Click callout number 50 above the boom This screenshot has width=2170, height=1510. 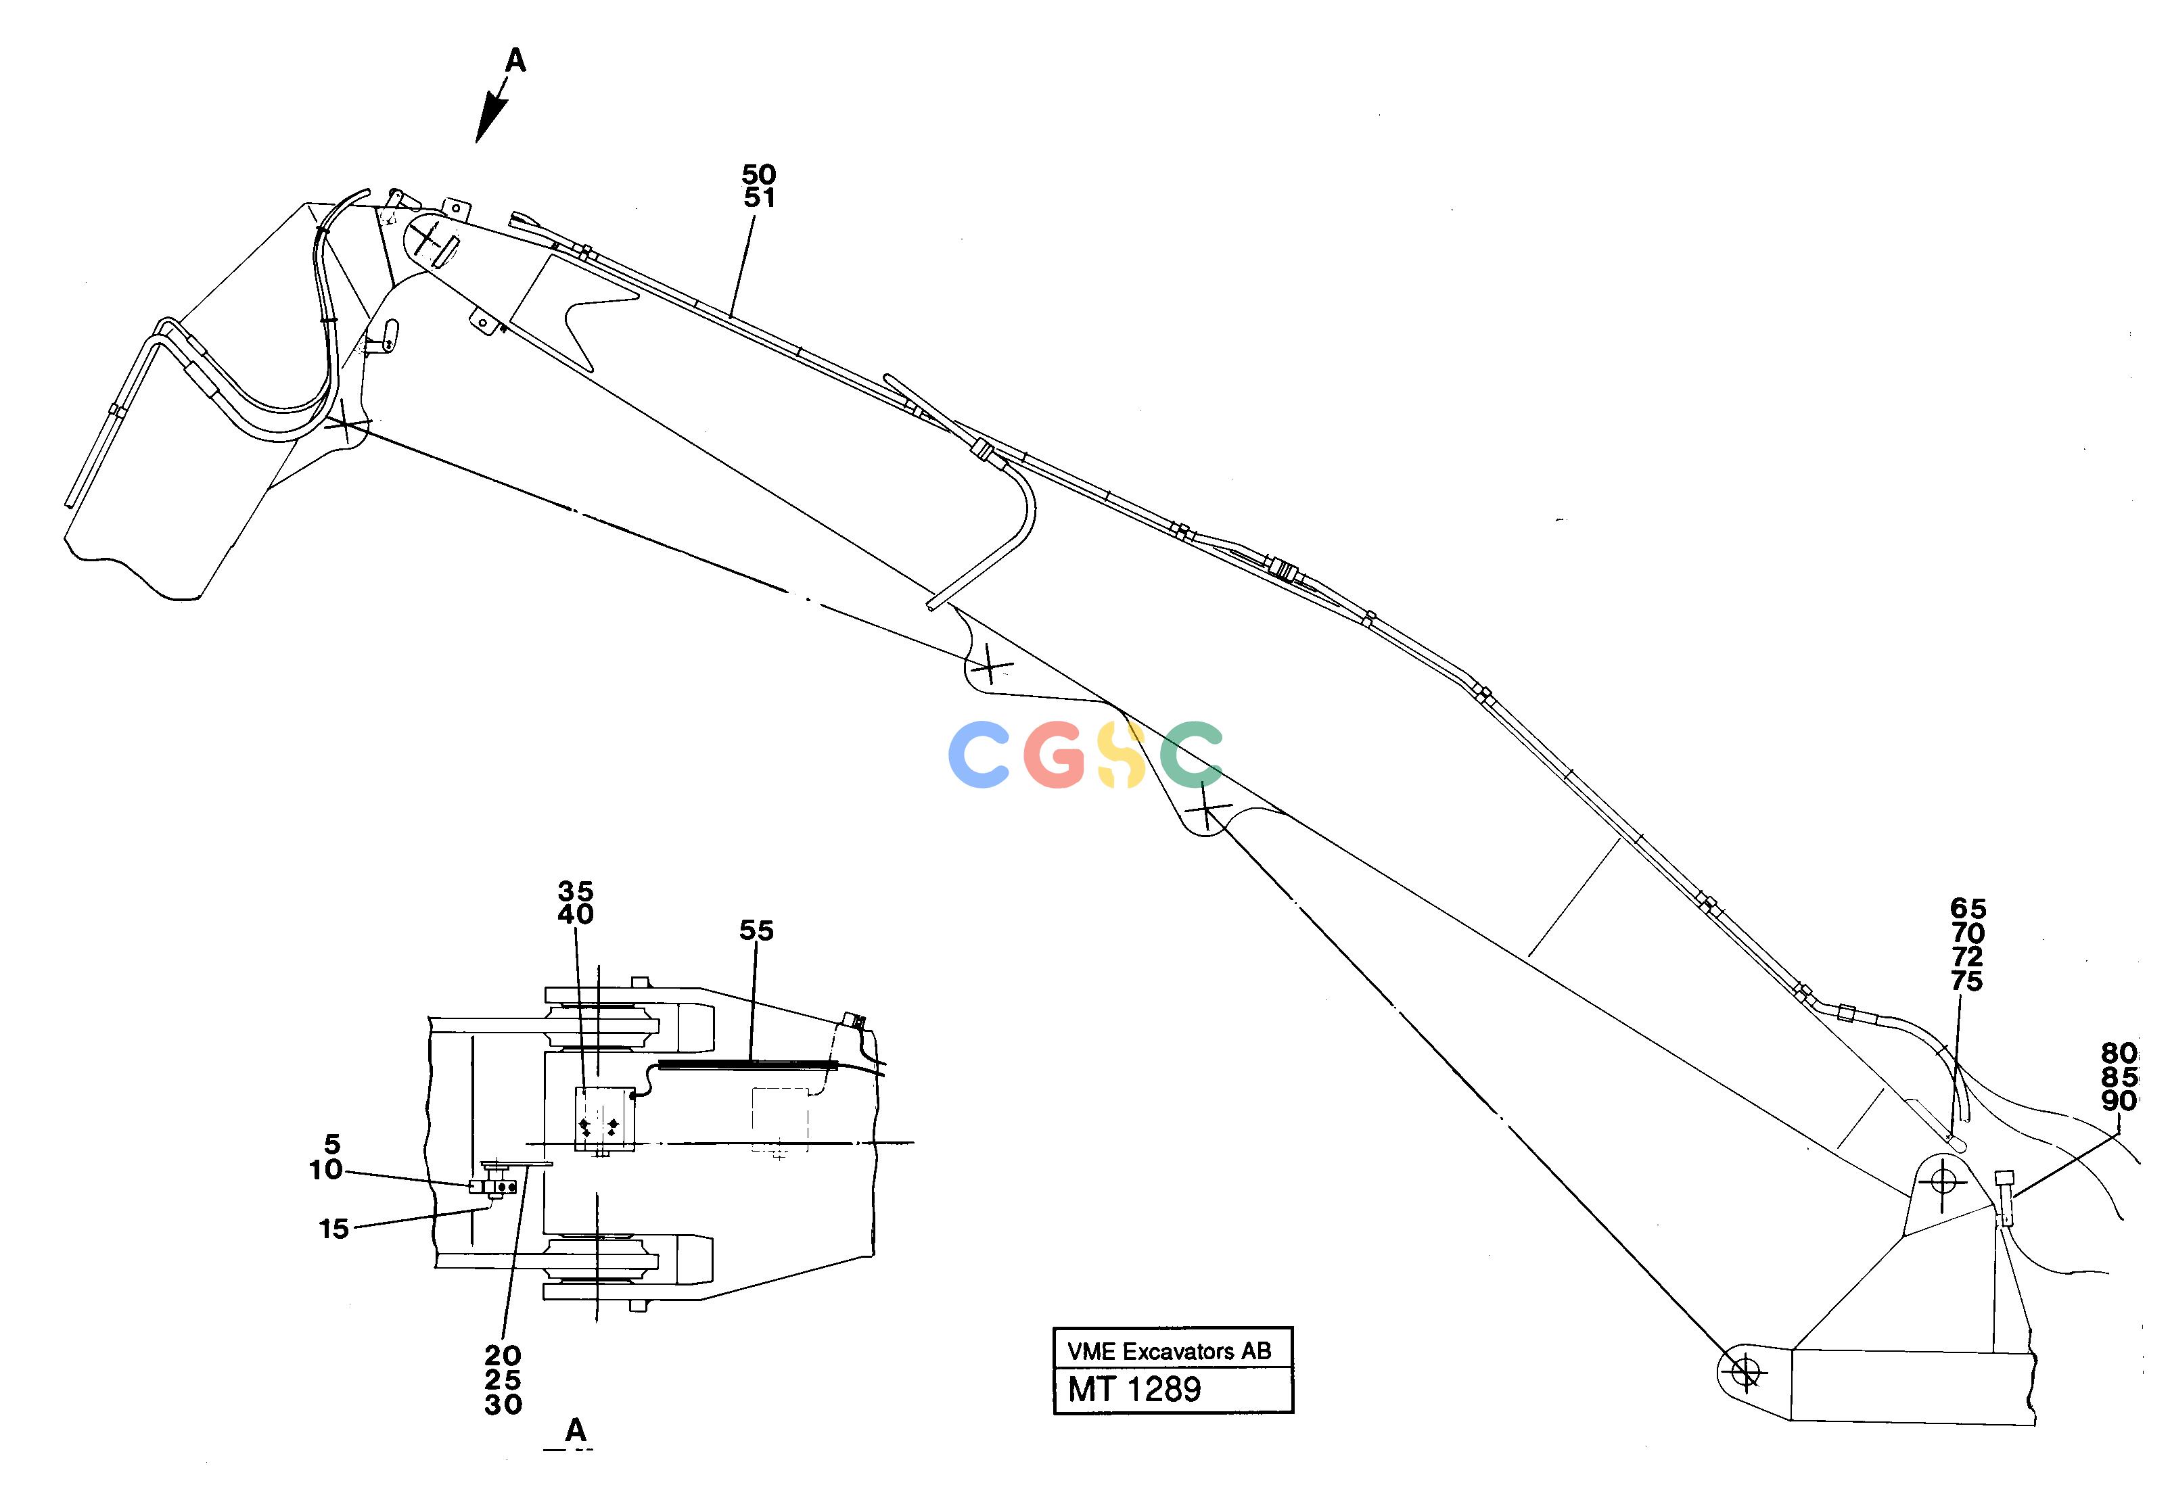tap(759, 175)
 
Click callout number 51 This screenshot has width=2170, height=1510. tap(759, 197)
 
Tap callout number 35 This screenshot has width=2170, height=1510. tap(576, 891)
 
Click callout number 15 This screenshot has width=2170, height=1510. tap(333, 1229)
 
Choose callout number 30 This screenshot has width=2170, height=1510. tap(503, 1405)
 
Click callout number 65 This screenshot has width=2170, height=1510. tap(1968, 908)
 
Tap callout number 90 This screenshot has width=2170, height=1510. tap(2119, 1101)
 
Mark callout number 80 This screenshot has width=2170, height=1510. tap(2119, 1053)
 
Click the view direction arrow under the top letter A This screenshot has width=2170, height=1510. tap(492, 109)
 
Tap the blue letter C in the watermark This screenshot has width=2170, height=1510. tap(980, 755)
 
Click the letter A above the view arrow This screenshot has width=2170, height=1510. tap(515, 60)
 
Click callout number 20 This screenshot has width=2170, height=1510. tap(503, 1356)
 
